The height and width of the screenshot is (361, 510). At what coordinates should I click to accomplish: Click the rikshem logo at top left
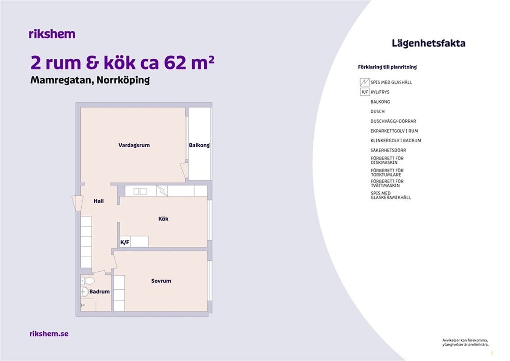click(x=52, y=34)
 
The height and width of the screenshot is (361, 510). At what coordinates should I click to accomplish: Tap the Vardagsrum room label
click(x=134, y=145)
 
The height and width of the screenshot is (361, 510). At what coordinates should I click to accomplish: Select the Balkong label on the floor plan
click(x=199, y=145)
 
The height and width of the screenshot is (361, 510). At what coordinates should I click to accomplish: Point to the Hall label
click(x=99, y=201)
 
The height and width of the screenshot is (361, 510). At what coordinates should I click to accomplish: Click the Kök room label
click(x=163, y=219)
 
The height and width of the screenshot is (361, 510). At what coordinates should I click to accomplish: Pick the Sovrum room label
click(x=161, y=281)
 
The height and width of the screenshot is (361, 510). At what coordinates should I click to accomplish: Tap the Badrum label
click(x=100, y=292)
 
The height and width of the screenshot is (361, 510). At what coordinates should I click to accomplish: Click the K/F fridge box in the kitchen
click(x=125, y=242)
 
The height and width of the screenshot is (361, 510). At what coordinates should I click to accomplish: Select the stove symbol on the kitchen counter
click(x=162, y=191)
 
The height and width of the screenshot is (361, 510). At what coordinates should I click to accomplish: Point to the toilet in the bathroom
click(x=87, y=281)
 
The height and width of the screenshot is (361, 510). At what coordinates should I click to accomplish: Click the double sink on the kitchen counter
click(x=140, y=191)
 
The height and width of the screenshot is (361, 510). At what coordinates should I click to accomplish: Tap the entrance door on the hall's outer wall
click(x=78, y=204)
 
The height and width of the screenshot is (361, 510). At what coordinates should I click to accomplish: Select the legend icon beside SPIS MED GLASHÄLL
click(x=365, y=82)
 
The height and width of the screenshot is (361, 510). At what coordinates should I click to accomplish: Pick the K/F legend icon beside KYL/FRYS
click(x=365, y=92)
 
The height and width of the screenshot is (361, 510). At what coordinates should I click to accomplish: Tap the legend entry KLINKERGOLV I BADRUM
click(x=395, y=141)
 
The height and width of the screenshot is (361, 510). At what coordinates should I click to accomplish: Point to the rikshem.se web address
click(x=49, y=333)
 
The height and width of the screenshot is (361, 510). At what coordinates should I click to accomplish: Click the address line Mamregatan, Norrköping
click(x=90, y=80)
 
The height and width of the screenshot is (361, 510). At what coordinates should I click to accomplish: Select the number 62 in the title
click(x=175, y=63)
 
